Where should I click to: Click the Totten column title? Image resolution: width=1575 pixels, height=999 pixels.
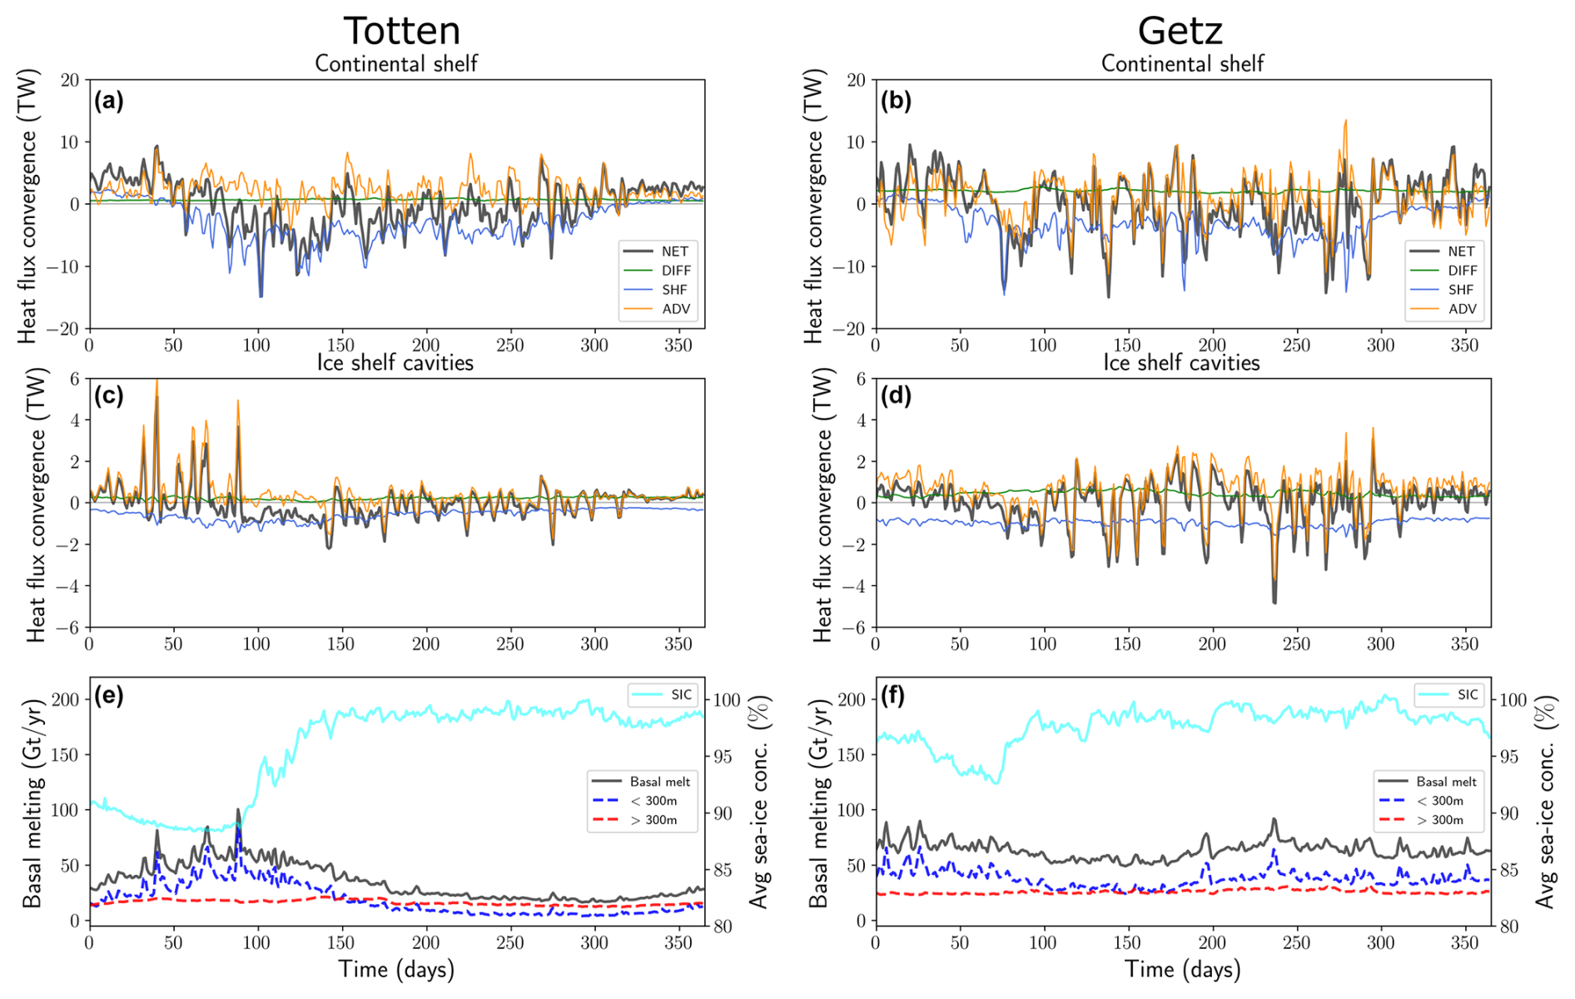(401, 31)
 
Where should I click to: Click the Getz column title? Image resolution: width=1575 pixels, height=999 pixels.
(1180, 31)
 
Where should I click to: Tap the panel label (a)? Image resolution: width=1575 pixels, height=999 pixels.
(109, 101)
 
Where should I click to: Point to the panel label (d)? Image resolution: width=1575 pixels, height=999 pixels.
(896, 395)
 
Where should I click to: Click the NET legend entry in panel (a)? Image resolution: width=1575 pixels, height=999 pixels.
(674, 251)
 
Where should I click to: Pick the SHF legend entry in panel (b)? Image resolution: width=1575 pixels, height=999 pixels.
(1460, 290)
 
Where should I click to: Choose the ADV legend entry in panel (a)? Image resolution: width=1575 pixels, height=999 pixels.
(675, 309)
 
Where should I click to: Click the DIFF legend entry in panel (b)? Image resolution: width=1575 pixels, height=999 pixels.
(1462, 271)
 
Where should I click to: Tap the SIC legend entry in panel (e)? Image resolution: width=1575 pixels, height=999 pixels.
(681, 694)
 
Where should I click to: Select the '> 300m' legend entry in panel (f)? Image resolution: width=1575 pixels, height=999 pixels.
(1439, 820)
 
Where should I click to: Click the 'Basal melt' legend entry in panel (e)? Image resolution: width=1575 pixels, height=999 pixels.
(659, 782)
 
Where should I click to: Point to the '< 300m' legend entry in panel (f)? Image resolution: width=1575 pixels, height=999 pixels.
(1439, 801)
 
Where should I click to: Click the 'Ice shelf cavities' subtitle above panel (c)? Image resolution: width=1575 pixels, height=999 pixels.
(395, 363)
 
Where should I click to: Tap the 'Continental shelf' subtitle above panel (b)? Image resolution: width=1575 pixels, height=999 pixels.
(1182, 64)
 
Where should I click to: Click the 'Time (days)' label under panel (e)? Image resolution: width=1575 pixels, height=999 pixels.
(396, 969)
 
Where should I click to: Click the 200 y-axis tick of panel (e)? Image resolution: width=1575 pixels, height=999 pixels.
(69, 699)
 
